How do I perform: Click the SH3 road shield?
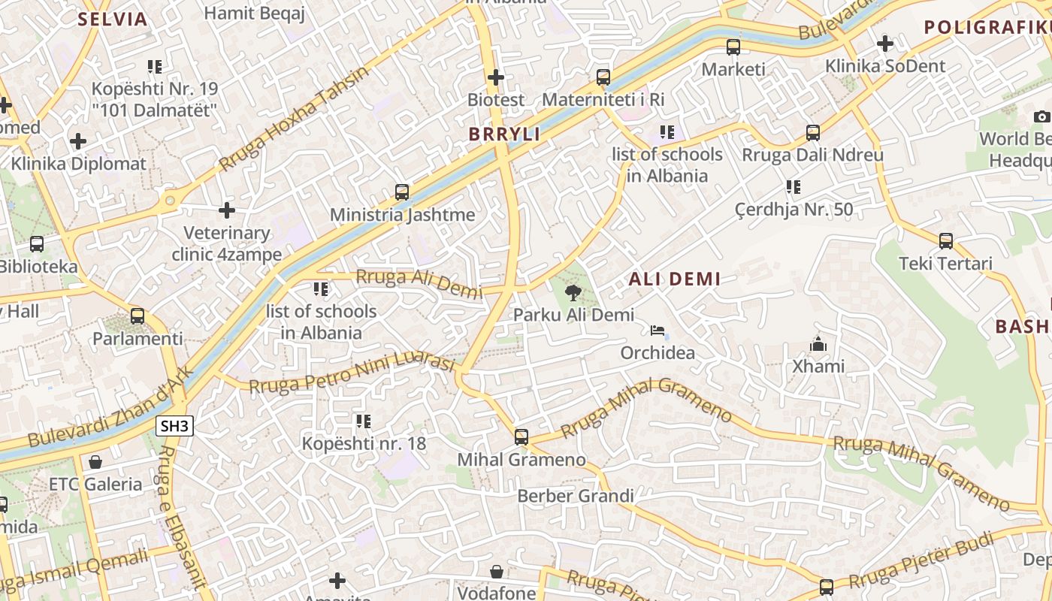[175, 427]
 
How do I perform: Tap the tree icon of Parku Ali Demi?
[573, 293]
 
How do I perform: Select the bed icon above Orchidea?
[657, 331]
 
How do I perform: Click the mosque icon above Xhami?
[818, 345]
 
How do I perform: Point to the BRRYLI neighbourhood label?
[504, 134]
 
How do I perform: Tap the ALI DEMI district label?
[674, 279]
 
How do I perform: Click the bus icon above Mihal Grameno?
[521, 437]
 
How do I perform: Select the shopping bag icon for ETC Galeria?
[95, 462]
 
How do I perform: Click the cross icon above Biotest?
[496, 77]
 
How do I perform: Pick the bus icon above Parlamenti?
[138, 316]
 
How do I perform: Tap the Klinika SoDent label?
[885, 66]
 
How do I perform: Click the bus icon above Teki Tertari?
[946, 241]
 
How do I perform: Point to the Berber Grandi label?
[576, 497]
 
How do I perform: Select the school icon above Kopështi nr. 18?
[364, 421]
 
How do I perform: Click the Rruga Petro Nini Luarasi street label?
[352, 374]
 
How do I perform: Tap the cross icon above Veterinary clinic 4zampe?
[227, 210]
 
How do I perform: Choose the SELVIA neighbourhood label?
[113, 20]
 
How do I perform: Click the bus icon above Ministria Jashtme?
[402, 192]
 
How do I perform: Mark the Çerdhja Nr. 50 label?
[794, 210]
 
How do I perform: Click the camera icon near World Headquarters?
[1041, 116]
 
